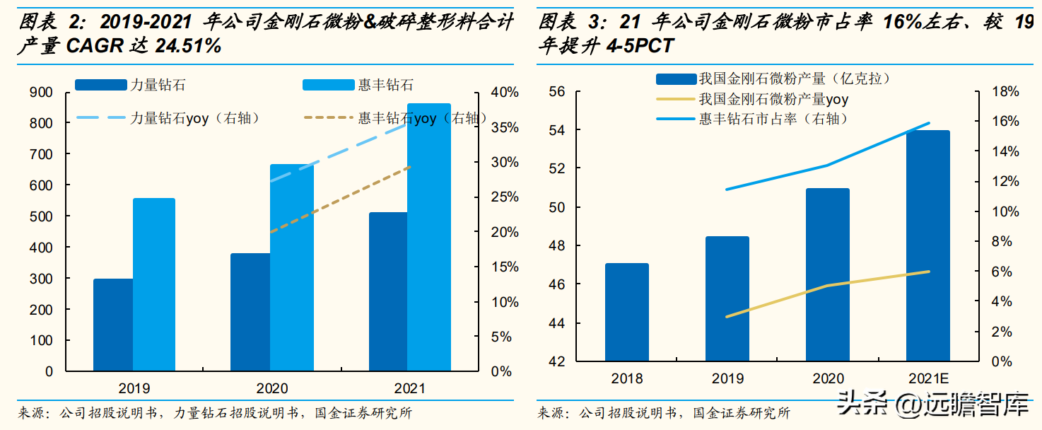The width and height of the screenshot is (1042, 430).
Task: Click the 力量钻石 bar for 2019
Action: point(113,325)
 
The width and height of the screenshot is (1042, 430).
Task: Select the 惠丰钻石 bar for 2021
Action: point(429,237)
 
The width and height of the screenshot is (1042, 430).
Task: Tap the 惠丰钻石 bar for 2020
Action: point(291,267)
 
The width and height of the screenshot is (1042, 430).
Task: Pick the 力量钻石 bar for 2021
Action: point(389,291)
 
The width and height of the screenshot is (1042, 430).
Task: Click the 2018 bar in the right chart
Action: point(626,313)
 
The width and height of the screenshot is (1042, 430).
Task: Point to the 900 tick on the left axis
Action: point(42,92)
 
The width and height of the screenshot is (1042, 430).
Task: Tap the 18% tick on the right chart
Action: point(1005,91)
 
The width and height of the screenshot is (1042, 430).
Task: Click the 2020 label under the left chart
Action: point(272,388)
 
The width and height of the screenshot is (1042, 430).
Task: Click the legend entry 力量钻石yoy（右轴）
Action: point(194,118)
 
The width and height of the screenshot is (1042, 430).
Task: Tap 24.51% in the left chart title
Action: point(185,46)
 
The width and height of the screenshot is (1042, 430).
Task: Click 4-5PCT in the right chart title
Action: point(639,46)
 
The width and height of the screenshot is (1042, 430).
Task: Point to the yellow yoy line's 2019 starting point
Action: point(727,317)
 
